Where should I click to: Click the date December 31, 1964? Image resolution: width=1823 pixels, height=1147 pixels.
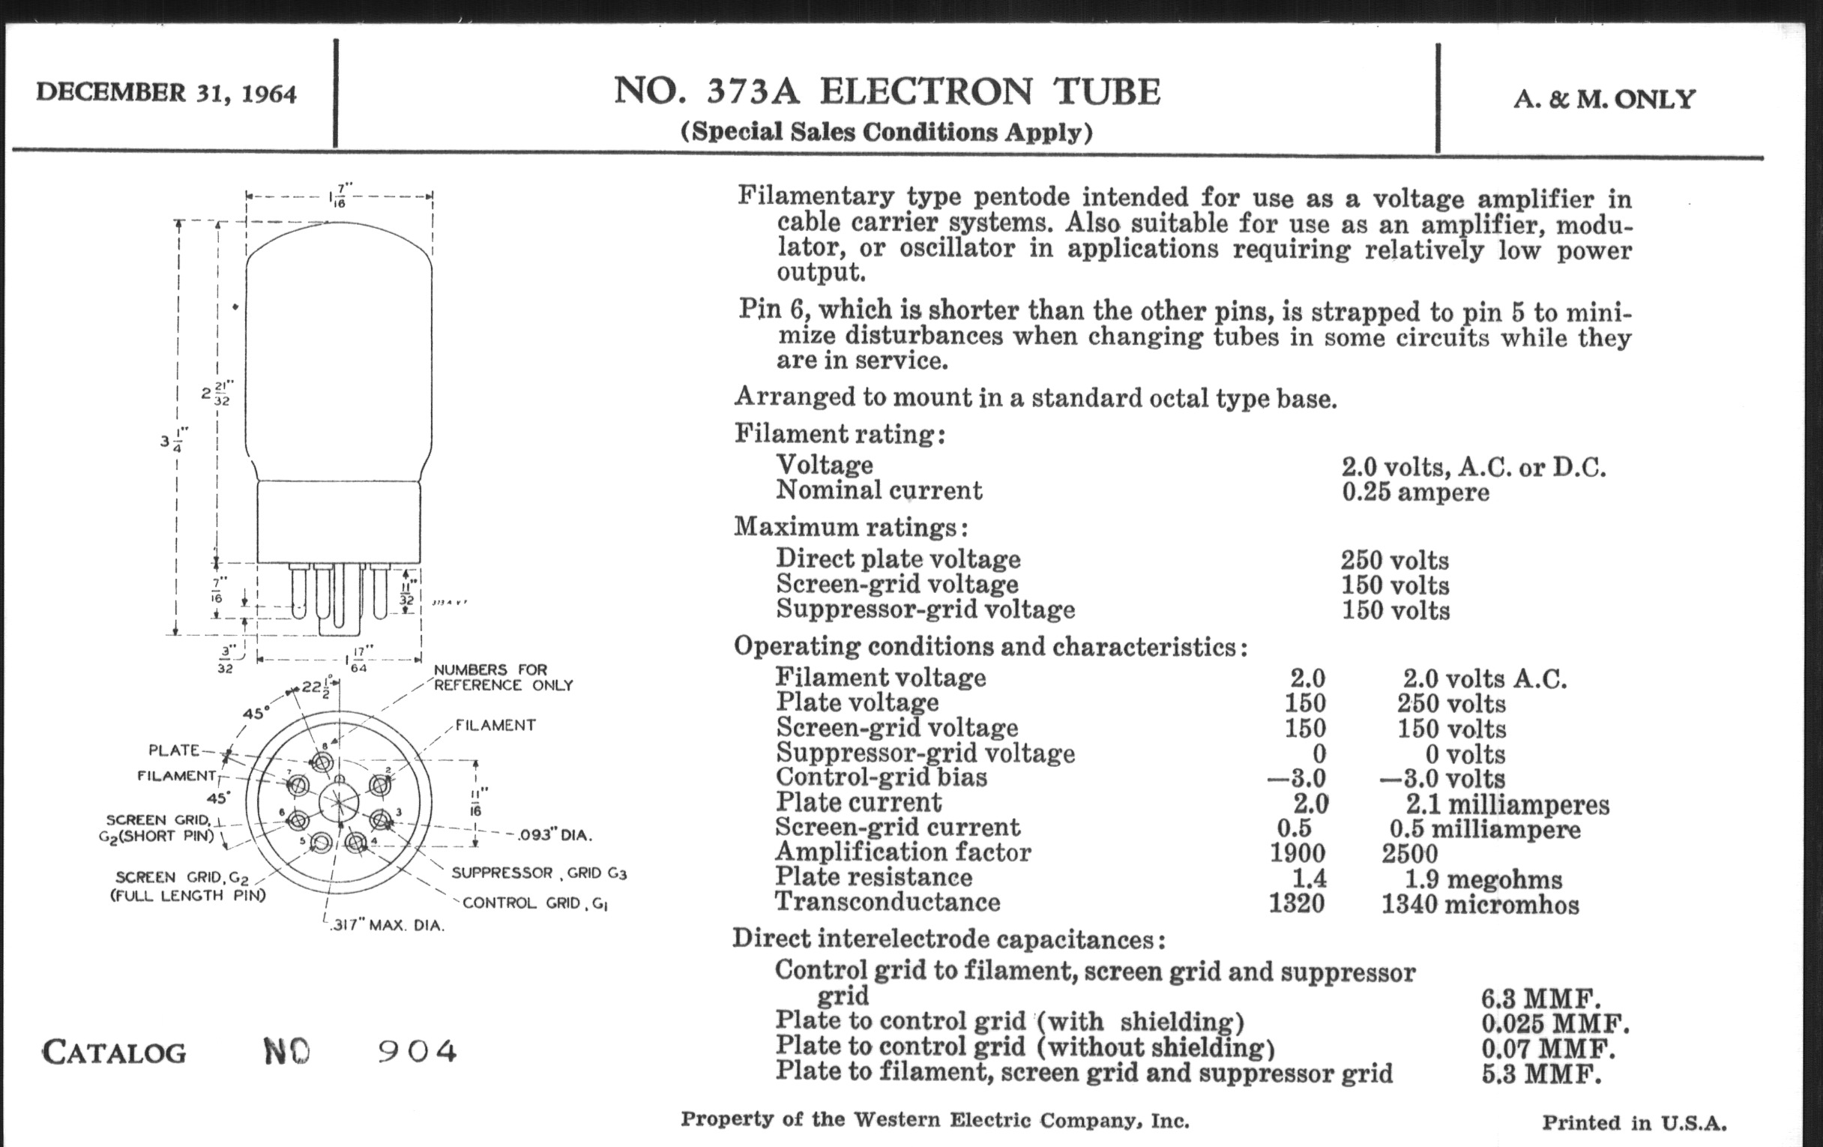pyautogui.click(x=166, y=93)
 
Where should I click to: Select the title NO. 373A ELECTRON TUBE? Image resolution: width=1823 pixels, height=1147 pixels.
pyautogui.click(x=887, y=91)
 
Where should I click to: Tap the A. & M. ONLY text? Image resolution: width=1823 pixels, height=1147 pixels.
pyautogui.click(x=1604, y=99)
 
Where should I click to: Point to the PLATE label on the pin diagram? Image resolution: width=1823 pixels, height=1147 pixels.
pyautogui.click(x=174, y=750)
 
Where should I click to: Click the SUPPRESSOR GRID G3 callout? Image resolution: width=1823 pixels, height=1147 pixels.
pyautogui.click(x=539, y=873)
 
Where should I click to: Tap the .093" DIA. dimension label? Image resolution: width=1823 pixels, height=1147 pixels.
pyautogui.click(x=555, y=835)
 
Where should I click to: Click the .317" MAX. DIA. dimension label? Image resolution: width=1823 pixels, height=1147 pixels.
pyautogui.click(x=387, y=925)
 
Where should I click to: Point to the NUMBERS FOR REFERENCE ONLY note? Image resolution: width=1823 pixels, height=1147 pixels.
pyautogui.click(x=504, y=678)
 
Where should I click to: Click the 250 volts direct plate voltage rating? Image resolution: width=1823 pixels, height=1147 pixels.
pyautogui.click(x=1394, y=560)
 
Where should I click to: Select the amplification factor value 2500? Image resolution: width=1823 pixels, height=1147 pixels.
pyautogui.click(x=1409, y=853)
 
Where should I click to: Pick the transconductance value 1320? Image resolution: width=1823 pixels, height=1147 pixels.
pyautogui.click(x=1297, y=903)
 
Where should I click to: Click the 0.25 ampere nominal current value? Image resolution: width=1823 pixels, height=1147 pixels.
pyautogui.click(x=1416, y=492)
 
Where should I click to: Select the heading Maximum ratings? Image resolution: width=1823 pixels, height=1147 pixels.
pyautogui.click(x=850, y=527)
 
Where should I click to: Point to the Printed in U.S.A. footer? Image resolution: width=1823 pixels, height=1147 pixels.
pyautogui.click(x=1635, y=1122)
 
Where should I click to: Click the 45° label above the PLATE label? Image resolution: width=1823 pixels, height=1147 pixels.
pyautogui.click(x=256, y=713)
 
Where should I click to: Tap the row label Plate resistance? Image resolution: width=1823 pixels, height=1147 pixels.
pyautogui.click(x=874, y=876)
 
